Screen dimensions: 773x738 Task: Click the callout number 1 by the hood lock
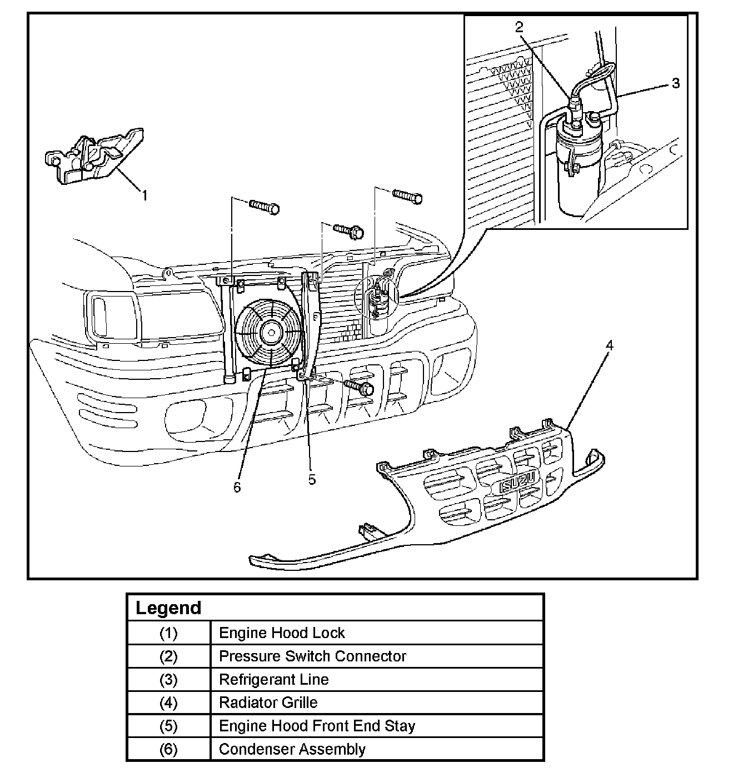[145, 195]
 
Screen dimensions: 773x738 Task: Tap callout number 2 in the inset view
[519, 27]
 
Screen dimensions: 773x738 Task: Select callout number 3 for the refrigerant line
[676, 83]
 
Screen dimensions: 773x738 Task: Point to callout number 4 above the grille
[609, 345]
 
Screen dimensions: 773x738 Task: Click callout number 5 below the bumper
[312, 479]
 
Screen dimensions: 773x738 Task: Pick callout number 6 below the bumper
[237, 487]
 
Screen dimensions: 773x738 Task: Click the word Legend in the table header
[168, 608]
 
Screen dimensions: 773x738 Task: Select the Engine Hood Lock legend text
[282, 633]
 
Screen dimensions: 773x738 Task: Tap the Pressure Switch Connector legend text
[312, 656]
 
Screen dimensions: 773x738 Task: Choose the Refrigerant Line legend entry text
[273, 679]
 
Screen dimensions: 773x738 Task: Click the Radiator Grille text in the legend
[268, 702]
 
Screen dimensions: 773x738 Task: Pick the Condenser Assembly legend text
[292, 749]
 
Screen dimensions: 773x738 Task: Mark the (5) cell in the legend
[168, 726]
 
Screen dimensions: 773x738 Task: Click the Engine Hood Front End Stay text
[317, 726]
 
